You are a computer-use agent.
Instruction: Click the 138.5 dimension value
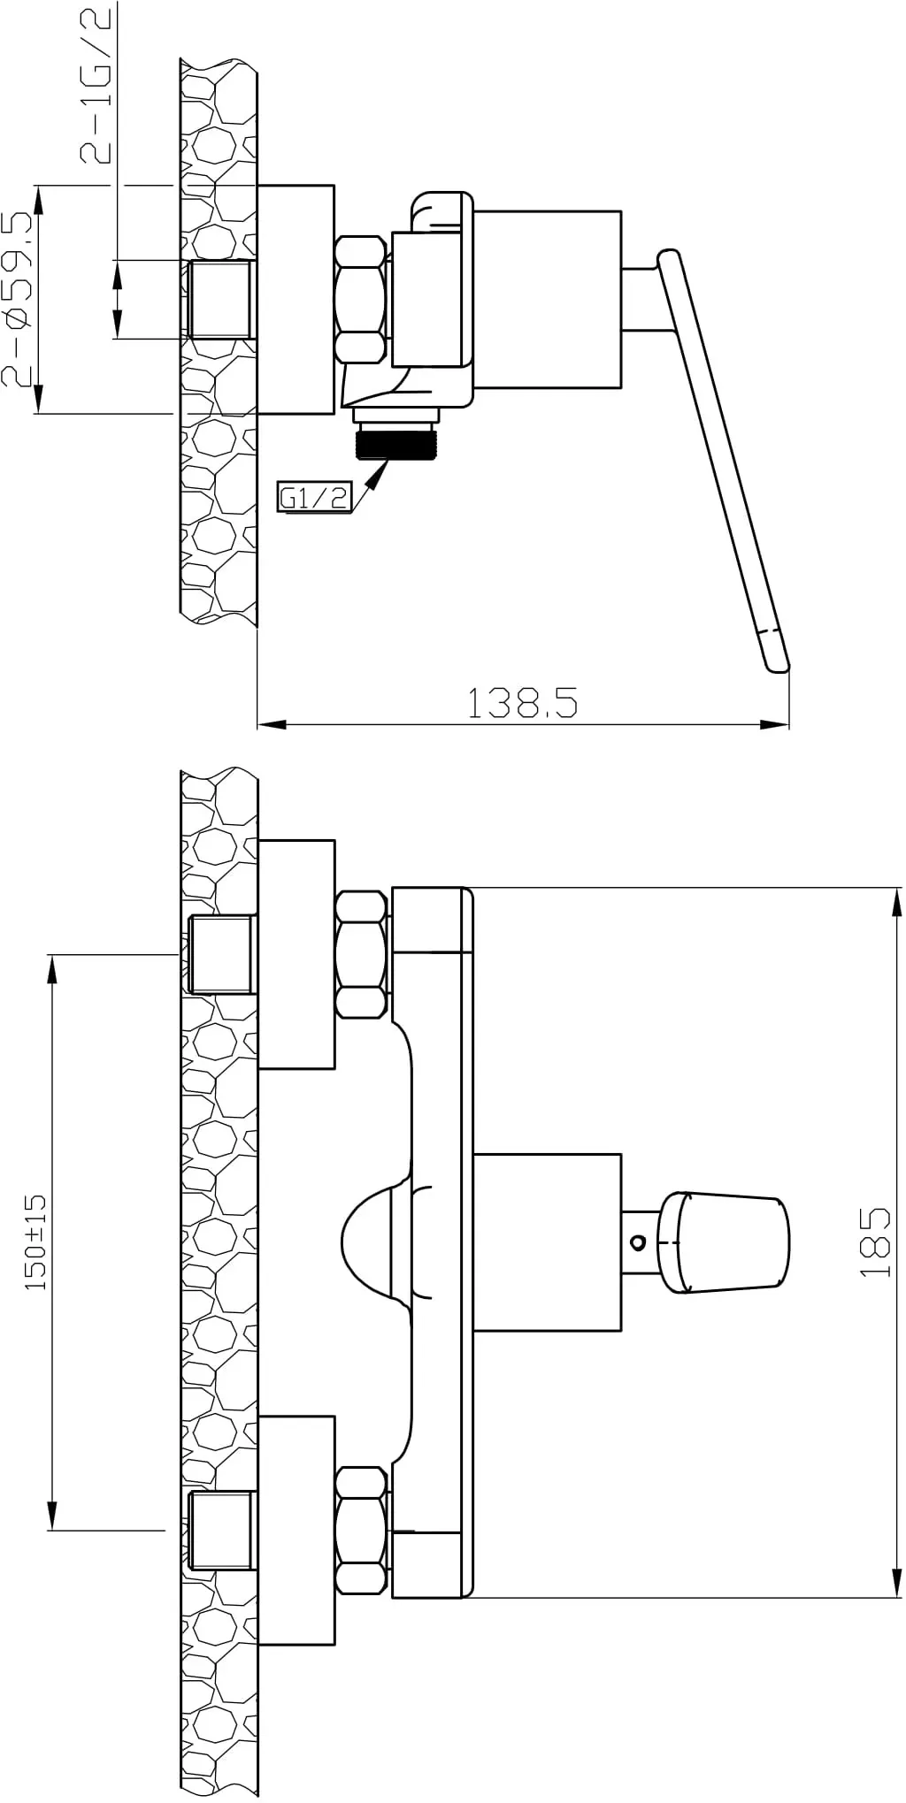click(522, 703)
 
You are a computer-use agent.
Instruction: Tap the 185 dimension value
click(875, 1241)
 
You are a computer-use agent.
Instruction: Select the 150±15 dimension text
click(36, 1241)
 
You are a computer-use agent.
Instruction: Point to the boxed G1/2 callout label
click(314, 498)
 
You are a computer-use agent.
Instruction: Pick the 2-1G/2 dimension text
click(96, 85)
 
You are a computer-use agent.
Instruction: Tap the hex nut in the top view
click(362, 299)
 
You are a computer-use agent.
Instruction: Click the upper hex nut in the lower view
click(362, 955)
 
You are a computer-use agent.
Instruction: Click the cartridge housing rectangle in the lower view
click(547, 1241)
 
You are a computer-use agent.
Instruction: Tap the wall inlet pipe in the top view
click(221, 299)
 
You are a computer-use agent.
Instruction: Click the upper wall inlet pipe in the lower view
click(221, 955)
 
